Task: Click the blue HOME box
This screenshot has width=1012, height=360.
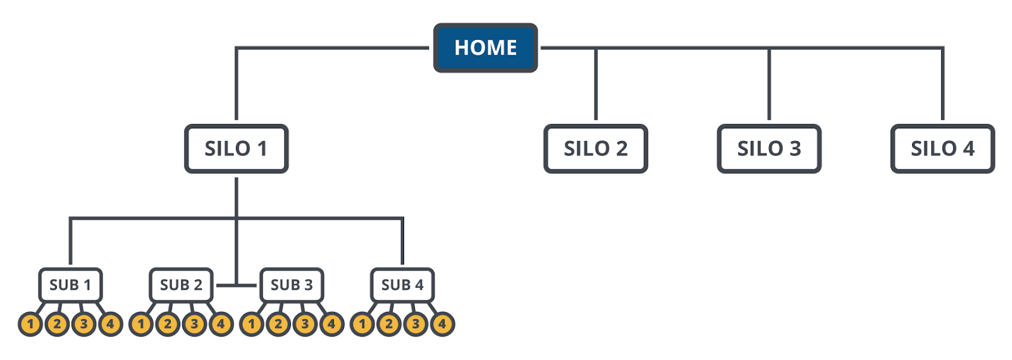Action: click(x=485, y=48)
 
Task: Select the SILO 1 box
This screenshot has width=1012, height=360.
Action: click(x=236, y=149)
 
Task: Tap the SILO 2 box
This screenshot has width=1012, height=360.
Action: click(x=595, y=149)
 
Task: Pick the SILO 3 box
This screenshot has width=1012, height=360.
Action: click(x=768, y=149)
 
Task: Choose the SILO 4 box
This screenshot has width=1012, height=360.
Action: click(x=942, y=149)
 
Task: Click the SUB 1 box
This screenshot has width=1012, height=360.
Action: click(x=70, y=285)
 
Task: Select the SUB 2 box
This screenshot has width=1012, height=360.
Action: click(x=181, y=285)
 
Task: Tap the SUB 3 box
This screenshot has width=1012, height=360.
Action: click(x=292, y=285)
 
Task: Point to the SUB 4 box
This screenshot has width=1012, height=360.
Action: click(x=402, y=285)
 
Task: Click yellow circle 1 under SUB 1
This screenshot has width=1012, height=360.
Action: click(x=30, y=325)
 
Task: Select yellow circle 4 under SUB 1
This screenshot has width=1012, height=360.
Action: click(x=110, y=325)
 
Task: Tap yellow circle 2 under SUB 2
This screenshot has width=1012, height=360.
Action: click(x=168, y=325)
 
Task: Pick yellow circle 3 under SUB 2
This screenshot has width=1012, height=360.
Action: click(x=194, y=325)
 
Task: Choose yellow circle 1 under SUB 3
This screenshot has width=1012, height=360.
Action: click(x=252, y=325)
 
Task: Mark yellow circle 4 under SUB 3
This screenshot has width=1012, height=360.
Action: click(x=331, y=325)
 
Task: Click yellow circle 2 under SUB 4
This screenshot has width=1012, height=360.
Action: click(x=389, y=325)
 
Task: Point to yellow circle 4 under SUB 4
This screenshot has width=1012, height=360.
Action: click(x=442, y=325)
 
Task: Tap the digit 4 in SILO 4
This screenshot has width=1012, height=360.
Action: click(x=968, y=149)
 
